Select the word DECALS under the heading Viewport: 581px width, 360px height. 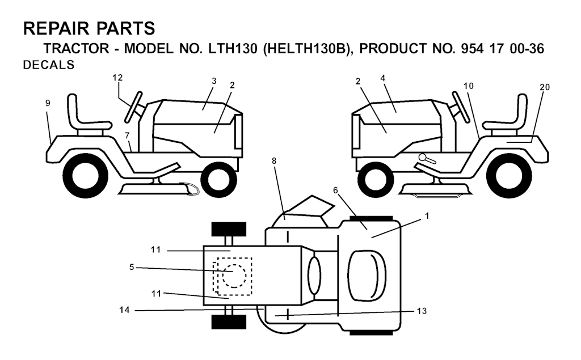(x=49, y=65)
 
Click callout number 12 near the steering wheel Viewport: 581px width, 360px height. (x=117, y=78)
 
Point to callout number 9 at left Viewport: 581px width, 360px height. (x=48, y=103)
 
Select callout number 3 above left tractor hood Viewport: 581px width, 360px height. (x=214, y=81)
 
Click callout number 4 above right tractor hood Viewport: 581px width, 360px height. (x=383, y=78)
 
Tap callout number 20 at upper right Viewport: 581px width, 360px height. (x=545, y=87)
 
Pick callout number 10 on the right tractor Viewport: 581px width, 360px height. (x=468, y=86)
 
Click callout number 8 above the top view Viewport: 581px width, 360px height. (x=274, y=161)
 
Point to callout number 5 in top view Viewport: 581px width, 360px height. (x=132, y=267)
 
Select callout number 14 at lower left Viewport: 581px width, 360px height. (x=124, y=310)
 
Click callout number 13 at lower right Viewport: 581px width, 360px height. (x=422, y=311)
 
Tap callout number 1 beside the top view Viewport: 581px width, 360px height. (x=427, y=215)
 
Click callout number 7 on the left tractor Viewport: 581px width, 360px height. (x=127, y=135)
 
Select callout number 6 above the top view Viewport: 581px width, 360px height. (x=336, y=190)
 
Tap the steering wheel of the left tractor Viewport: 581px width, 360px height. (x=133, y=107)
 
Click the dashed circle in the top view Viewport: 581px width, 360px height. (x=234, y=276)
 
